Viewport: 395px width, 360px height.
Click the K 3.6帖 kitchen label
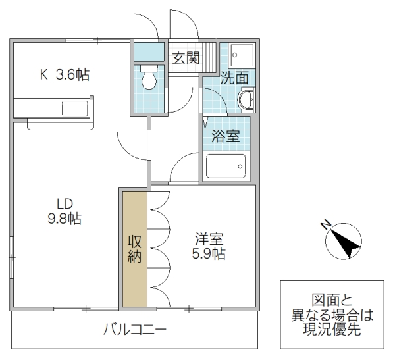pyautogui.click(x=64, y=74)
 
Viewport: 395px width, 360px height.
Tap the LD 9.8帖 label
pyautogui.click(x=64, y=211)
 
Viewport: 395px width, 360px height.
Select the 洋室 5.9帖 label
pyautogui.click(x=210, y=245)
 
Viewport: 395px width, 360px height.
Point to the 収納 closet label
pyautogui.click(x=135, y=248)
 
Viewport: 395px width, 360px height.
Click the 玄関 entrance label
pyautogui.click(x=186, y=57)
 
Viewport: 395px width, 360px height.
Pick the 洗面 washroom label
pyautogui.click(x=234, y=78)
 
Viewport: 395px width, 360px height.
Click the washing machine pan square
pyautogui.click(x=235, y=55)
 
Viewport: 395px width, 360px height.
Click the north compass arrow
pyautogui.click(x=344, y=242)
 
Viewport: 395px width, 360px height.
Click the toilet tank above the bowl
pyautogui.click(x=149, y=68)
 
